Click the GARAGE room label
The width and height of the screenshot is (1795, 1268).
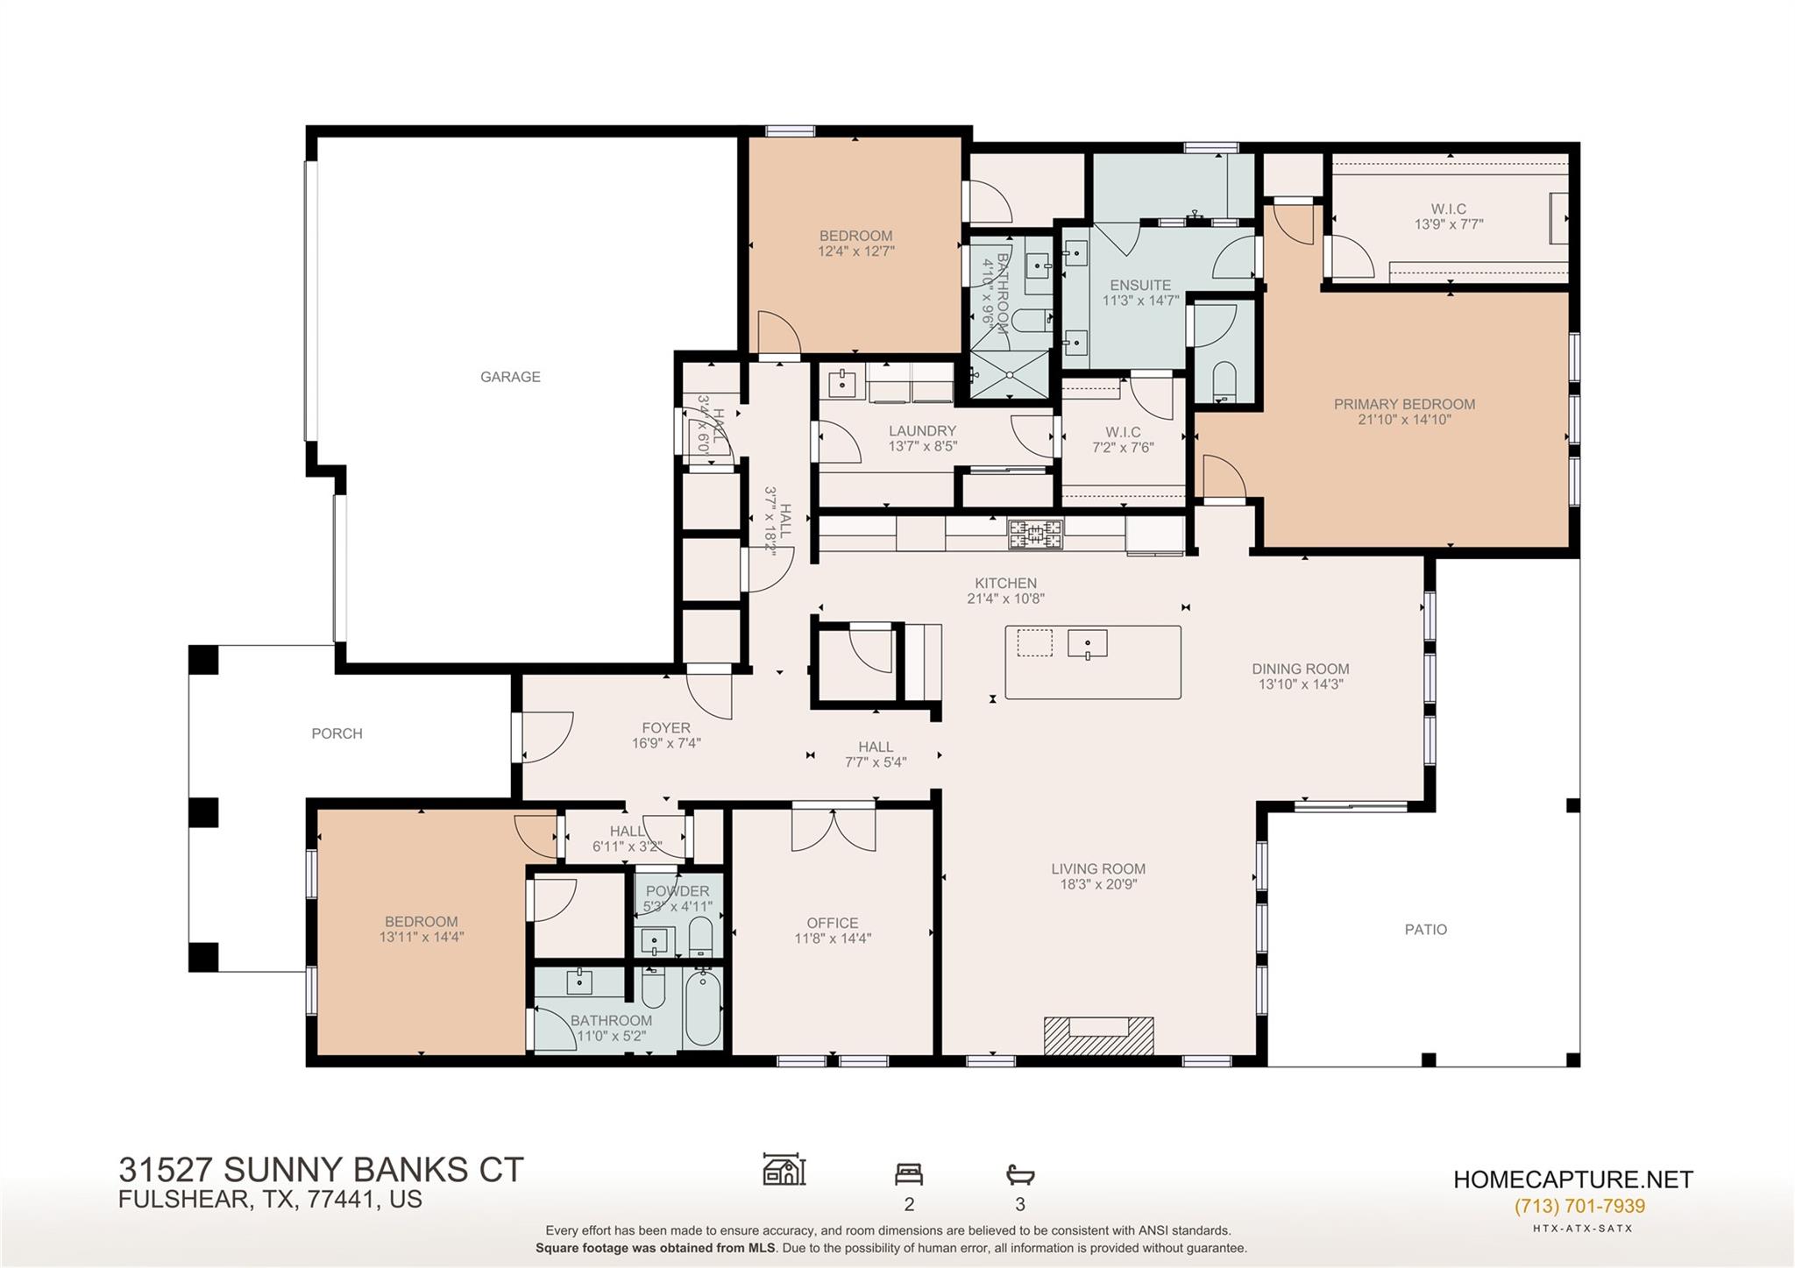click(x=510, y=377)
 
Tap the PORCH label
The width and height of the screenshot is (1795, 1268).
click(x=337, y=733)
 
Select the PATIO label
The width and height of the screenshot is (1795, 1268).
click(x=1425, y=929)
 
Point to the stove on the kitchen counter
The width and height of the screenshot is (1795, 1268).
click(x=1034, y=534)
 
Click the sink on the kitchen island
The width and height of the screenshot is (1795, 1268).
click(x=1087, y=644)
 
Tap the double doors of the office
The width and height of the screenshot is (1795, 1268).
click(x=833, y=828)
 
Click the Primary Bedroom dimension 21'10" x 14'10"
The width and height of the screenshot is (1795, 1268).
click(x=1404, y=420)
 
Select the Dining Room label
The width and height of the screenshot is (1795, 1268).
click(x=1300, y=669)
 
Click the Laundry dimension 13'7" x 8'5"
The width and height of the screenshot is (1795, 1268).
click(x=922, y=446)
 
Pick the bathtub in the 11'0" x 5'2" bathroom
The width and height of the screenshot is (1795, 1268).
click(x=703, y=1008)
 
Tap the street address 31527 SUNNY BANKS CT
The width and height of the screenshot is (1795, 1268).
click(x=321, y=1169)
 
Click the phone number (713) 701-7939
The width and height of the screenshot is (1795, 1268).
click(x=1579, y=1206)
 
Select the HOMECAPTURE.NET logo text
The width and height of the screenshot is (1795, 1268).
click(x=1572, y=1179)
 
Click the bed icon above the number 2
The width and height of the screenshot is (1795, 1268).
click(x=908, y=1173)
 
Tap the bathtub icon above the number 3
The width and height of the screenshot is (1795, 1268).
click(x=1020, y=1173)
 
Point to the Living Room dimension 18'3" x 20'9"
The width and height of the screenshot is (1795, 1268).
click(x=1098, y=884)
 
